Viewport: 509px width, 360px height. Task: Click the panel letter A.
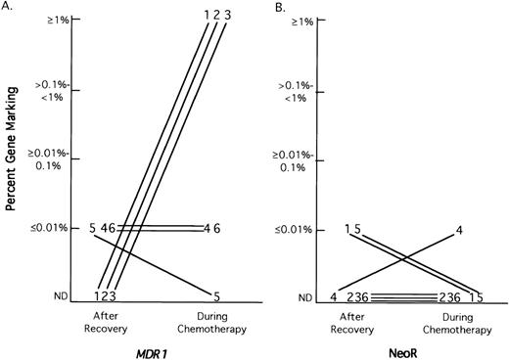point(8,8)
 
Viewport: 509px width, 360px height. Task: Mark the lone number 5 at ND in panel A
point(214,294)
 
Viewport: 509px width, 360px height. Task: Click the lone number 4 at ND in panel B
point(334,296)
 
